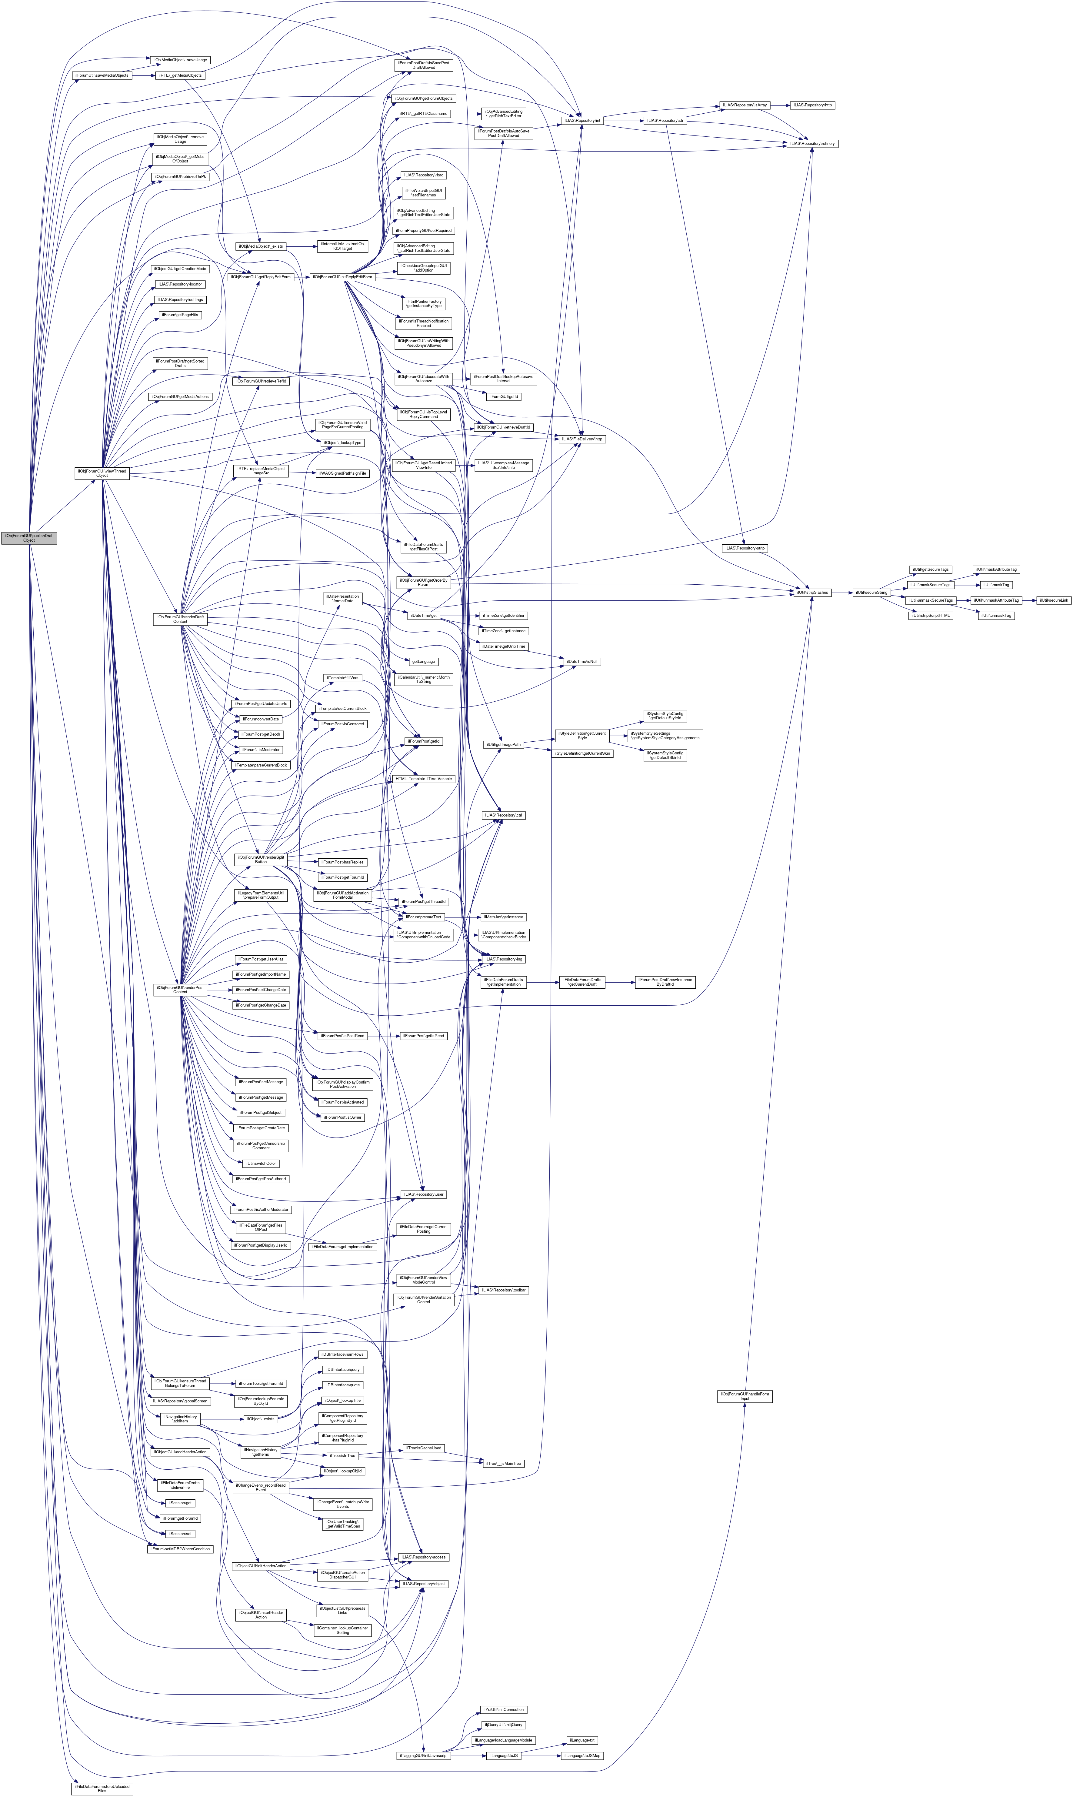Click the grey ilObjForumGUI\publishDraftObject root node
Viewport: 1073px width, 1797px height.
(29, 538)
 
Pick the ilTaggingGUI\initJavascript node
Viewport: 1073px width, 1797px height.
(424, 1755)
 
